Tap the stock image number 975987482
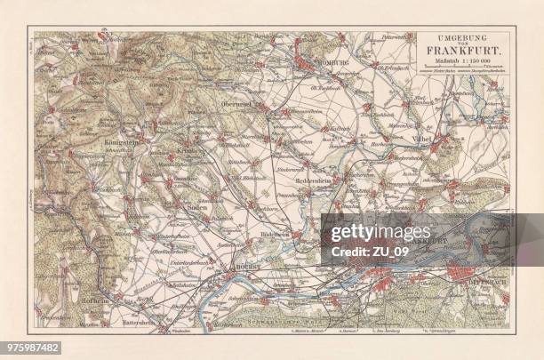point(31,347)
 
